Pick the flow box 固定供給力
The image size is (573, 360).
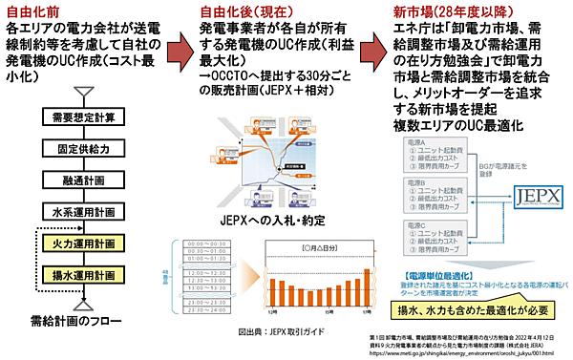pyautogui.click(x=84, y=150)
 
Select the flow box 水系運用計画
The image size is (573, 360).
pyautogui.click(x=84, y=212)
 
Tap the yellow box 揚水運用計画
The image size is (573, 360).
pyautogui.click(x=84, y=276)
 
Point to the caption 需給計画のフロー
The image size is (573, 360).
pyautogui.click(x=83, y=320)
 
